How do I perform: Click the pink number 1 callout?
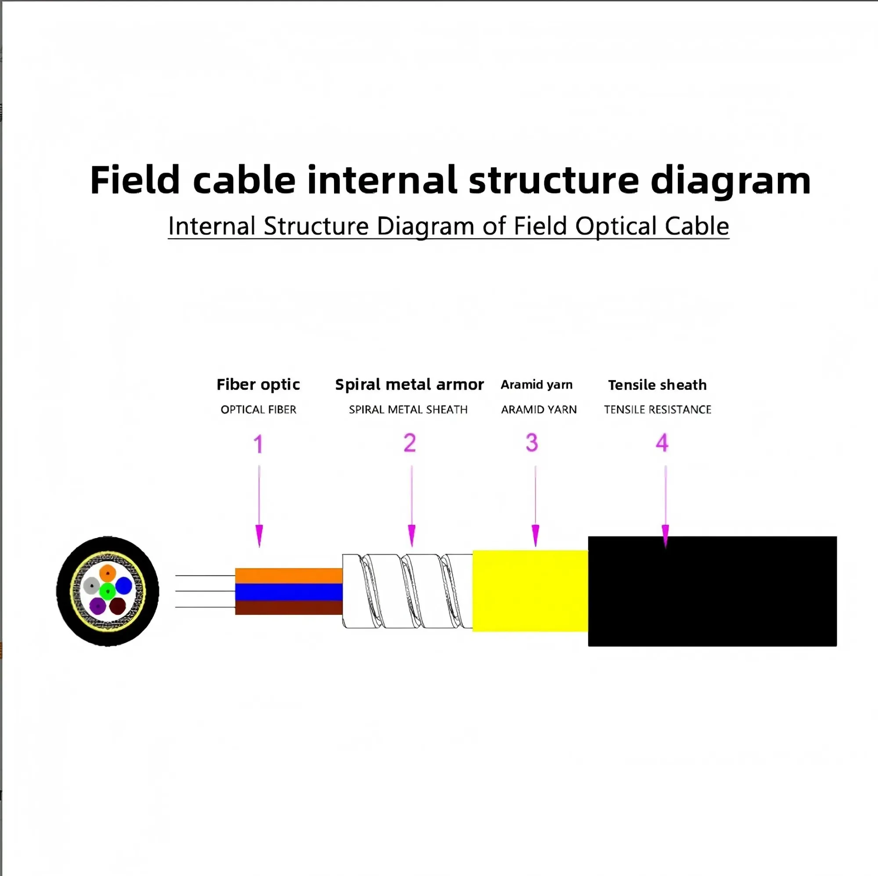pyautogui.click(x=258, y=444)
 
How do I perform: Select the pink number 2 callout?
pyautogui.click(x=410, y=442)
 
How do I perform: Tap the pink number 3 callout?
pyautogui.click(x=532, y=442)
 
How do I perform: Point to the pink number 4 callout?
pyautogui.click(x=662, y=442)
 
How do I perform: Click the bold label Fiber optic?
pyautogui.click(x=258, y=385)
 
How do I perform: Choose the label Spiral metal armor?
pyautogui.click(x=410, y=385)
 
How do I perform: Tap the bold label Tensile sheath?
pyautogui.click(x=657, y=385)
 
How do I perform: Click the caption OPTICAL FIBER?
pyautogui.click(x=258, y=410)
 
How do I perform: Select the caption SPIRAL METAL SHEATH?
pyautogui.click(x=408, y=410)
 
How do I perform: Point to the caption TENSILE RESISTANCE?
pyautogui.click(x=657, y=410)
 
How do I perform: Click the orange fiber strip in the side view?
pyautogui.click(x=288, y=576)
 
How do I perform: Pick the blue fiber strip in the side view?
pyautogui.click(x=288, y=592)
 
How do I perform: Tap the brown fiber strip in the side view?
pyautogui.click(x=288, y=608)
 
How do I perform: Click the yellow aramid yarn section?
pyautogui.click(x=530, y=591)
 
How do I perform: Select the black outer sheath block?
pyautogui.click(x=712, y=591)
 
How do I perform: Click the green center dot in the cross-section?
pyautogui.click(x=108, y=591)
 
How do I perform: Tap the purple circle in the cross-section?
pyautogui.click(x=97, y=606)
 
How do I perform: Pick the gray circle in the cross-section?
pyautogui.click(x=92, y=585)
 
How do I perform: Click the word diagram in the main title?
pyautogui.click(x=730, y=181)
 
